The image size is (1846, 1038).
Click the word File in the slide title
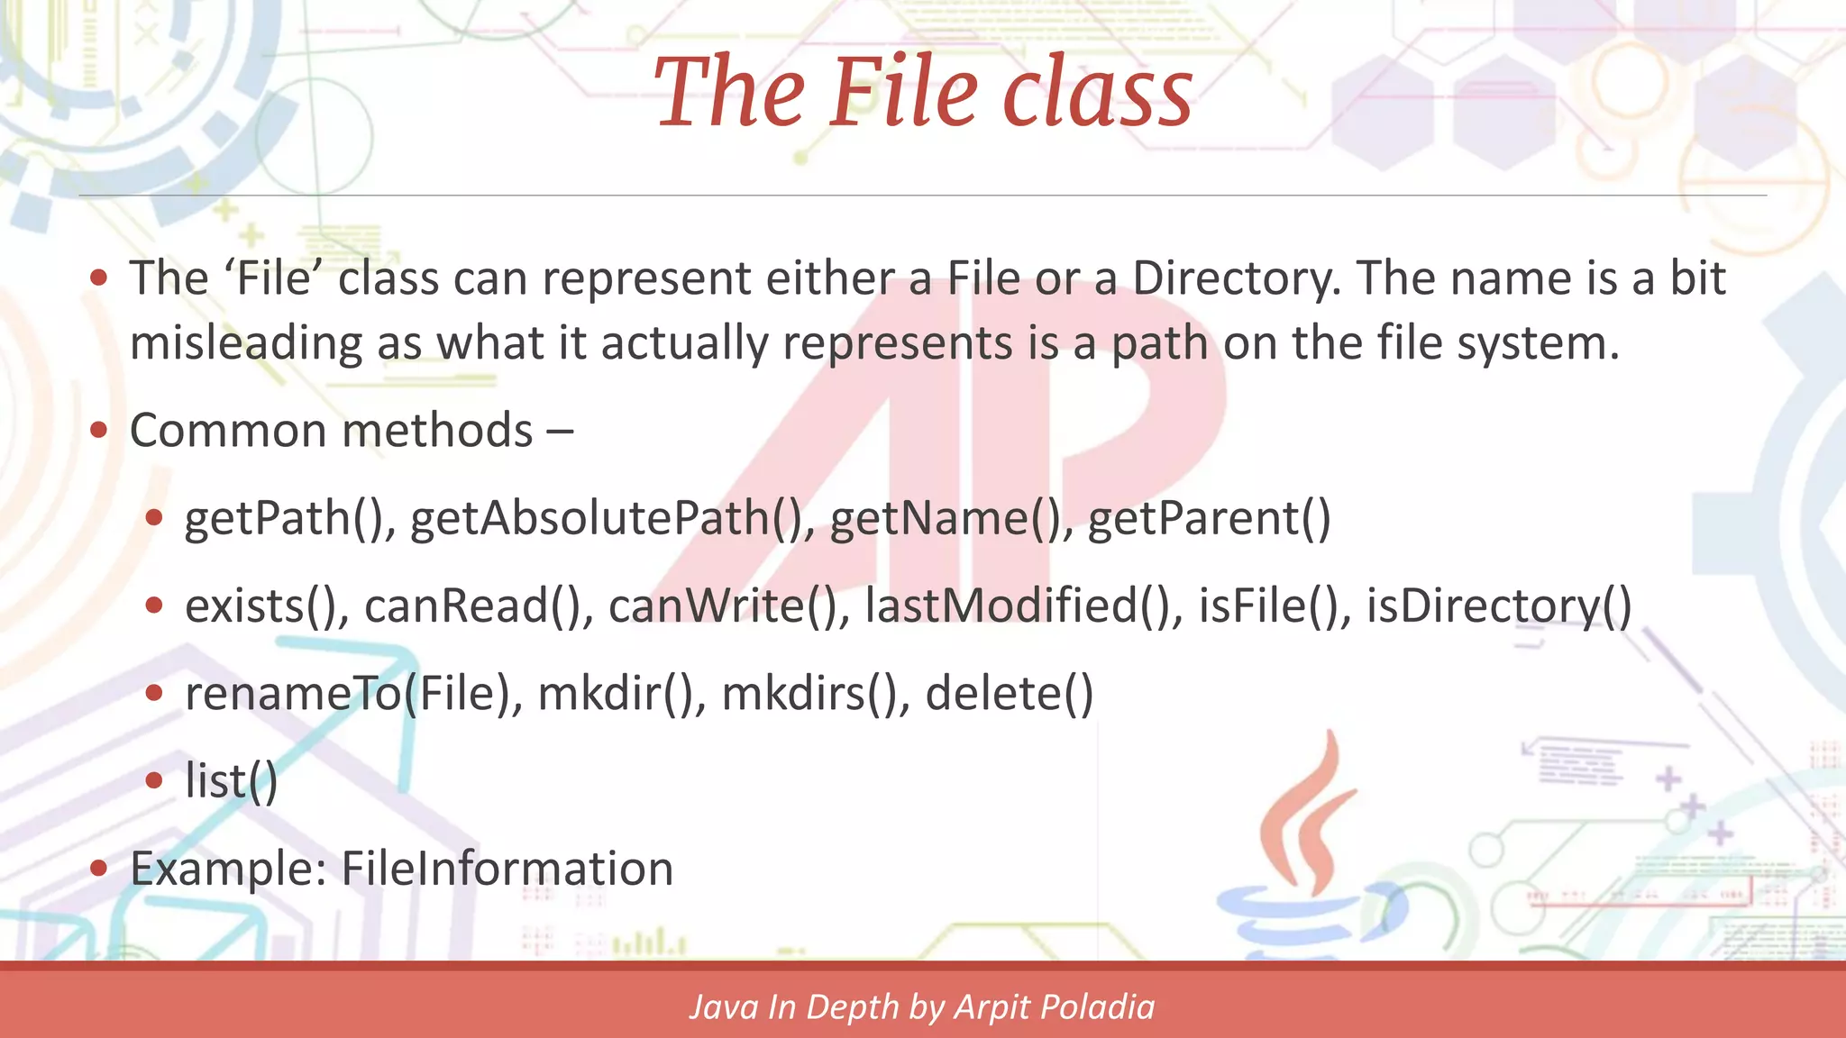coord(903,93)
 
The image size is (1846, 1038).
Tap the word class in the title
coord(1099,93)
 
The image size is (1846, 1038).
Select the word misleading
coord(246,344)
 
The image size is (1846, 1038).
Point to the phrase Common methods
coord(332,431)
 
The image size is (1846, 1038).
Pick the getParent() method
coord(1209,519)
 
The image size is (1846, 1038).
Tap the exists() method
coord(267,605)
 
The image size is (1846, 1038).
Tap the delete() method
coord(1009,694)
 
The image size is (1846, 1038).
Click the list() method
coord(231,780)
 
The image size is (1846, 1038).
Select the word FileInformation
coord(507,869)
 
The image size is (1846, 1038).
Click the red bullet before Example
coord(99,869)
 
